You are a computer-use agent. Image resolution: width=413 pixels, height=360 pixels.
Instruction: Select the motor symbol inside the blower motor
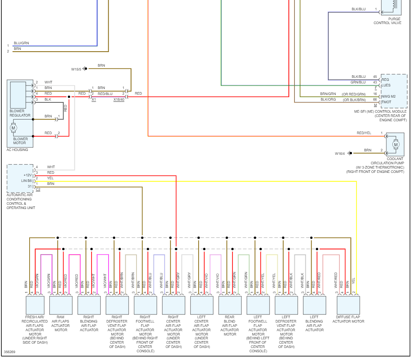13,128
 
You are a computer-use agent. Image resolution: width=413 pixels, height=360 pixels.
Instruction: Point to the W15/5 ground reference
76,69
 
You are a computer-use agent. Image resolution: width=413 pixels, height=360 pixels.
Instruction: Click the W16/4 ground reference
340,153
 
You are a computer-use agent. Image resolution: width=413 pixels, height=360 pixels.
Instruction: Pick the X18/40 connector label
119,100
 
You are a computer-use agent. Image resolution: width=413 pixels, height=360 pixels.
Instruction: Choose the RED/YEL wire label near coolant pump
364,133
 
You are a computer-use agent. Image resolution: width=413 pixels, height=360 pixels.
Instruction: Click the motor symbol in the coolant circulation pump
395,145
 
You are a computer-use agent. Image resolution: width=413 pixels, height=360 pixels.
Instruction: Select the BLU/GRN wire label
21,43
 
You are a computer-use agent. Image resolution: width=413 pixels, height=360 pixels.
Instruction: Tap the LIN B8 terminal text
27,181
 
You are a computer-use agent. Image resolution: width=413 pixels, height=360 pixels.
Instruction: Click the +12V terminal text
28,175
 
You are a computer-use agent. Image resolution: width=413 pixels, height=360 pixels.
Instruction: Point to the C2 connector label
38,190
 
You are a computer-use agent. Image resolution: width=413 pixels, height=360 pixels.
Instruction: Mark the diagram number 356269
9,352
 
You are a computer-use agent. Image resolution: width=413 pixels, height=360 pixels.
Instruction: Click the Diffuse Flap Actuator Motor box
348,305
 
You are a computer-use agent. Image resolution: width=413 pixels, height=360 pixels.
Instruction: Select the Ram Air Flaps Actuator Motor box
61,305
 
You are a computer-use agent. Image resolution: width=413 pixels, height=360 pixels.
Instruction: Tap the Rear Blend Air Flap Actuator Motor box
230,305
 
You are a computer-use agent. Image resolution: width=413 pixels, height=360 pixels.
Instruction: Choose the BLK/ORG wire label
328,99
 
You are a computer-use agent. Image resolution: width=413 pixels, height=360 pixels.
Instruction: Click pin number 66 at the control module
375,99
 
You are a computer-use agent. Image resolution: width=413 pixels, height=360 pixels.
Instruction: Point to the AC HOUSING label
17,150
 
